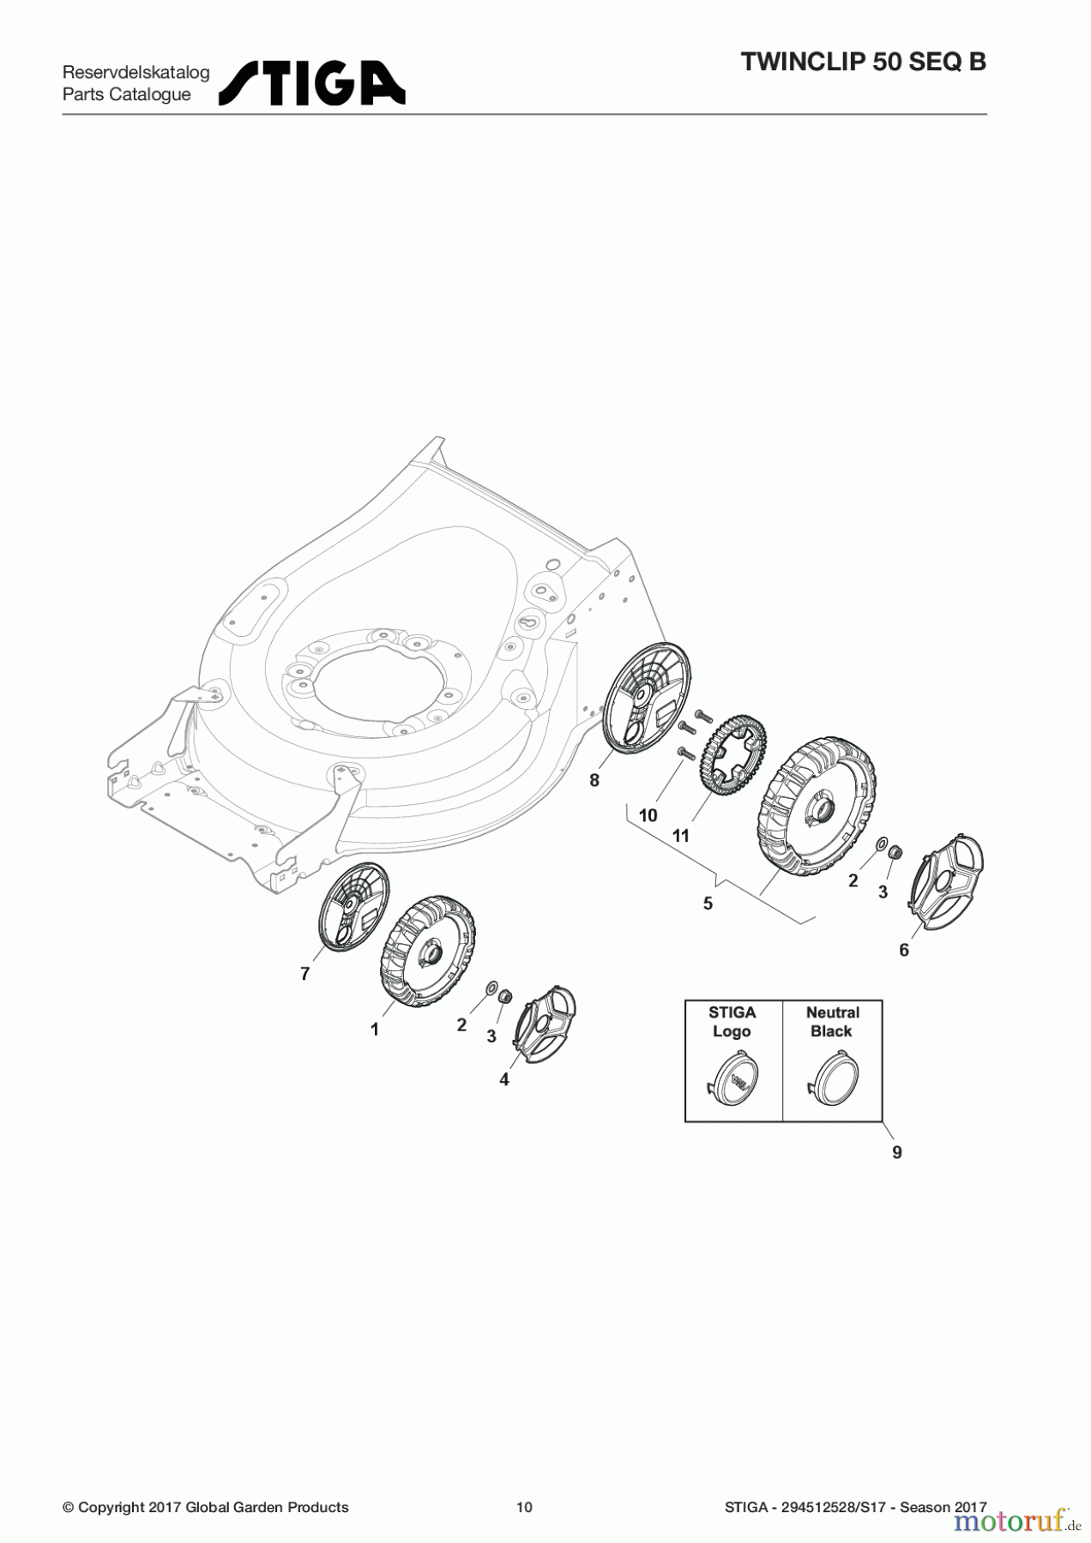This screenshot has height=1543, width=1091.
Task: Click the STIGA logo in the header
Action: pyautogui.click(x=312, y=83)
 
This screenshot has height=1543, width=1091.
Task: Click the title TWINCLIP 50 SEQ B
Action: pyautogui.click(x=863, y=63)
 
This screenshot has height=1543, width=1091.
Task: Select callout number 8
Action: pyautogui.click(x=594, y=780)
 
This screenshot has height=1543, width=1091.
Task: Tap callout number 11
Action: pyautogui.click(x=681, y=835)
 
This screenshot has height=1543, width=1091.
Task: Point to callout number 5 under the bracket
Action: pyautogui.click(x=708, y=904)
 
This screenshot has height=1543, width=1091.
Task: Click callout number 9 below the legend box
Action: pyautogui.click(x=897, y=1152)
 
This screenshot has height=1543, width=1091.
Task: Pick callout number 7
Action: pyautogui.click(x=305, y=974)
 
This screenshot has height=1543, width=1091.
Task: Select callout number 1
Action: pyautogui.click(x=375, y=1030)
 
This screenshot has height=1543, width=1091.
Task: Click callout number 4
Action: pyautogui.click(x=504, y=1080)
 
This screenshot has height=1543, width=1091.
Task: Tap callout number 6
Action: pyautogui.click(x=904, y=950)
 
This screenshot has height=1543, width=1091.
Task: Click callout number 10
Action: pyautogui.click(x=648, y=814)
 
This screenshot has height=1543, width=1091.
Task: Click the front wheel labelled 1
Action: pyautogui.click(x=427, y=949)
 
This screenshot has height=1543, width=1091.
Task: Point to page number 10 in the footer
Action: pyautogui.click(x=524, y=1507)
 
